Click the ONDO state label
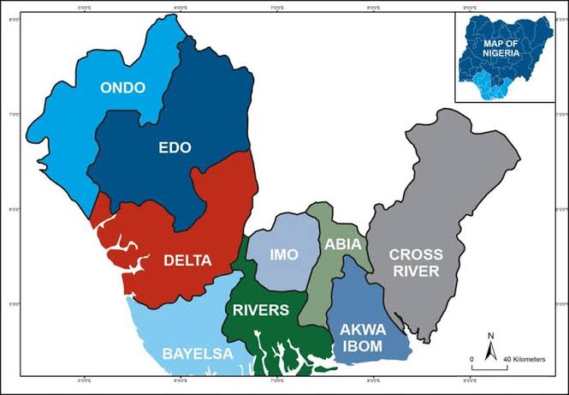tap(122, 87)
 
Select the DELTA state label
tap(188, 260)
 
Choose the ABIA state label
tap(343, 245)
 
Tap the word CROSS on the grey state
tap(417, 254)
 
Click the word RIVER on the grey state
tap(417, 272)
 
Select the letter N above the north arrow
tap(491, 336)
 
